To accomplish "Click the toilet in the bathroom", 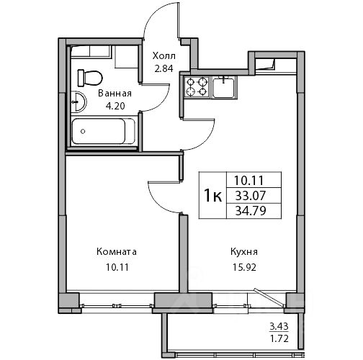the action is pyautogui.click(x=90, y=78).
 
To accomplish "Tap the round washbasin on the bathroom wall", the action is pyautogui.click(x=79, y=102).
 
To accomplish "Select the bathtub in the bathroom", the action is pyautogui.click(x=104, y=131).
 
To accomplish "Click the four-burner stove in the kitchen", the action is pyautogui.click(x=197, y=87).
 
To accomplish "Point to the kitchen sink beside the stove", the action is pyautogui.click(x=224, y=88).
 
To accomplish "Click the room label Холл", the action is pyautogui.click(x=164, y=56).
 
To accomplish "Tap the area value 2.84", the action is pyautogui.click(x=163, y=69).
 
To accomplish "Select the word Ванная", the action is pyautogui.click(x=115, y=94).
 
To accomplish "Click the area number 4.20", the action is pyautogui.click(x=115, y=106).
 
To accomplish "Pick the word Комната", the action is pyautogui.click(x=117, y=252).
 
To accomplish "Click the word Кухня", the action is pyautogui.click(x=244, y=252).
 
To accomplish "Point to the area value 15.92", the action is pyautogui.click(x=244, y=267).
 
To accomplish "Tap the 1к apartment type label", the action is pyautogui.click(x=212, y=196).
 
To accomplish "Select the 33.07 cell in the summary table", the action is pyautogui.click(x=250, y=196).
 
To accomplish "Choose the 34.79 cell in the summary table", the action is pyautogui.click(x=251, y=211).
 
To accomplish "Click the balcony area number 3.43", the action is pyautogui.click(x=279, y=326).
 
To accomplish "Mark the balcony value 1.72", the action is pyautogui.click(x=279, y=338).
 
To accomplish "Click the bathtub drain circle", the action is pyautogui.click(x=83, y=131).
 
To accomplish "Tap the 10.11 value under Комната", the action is pyautogui.click(x=117, y=267).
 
